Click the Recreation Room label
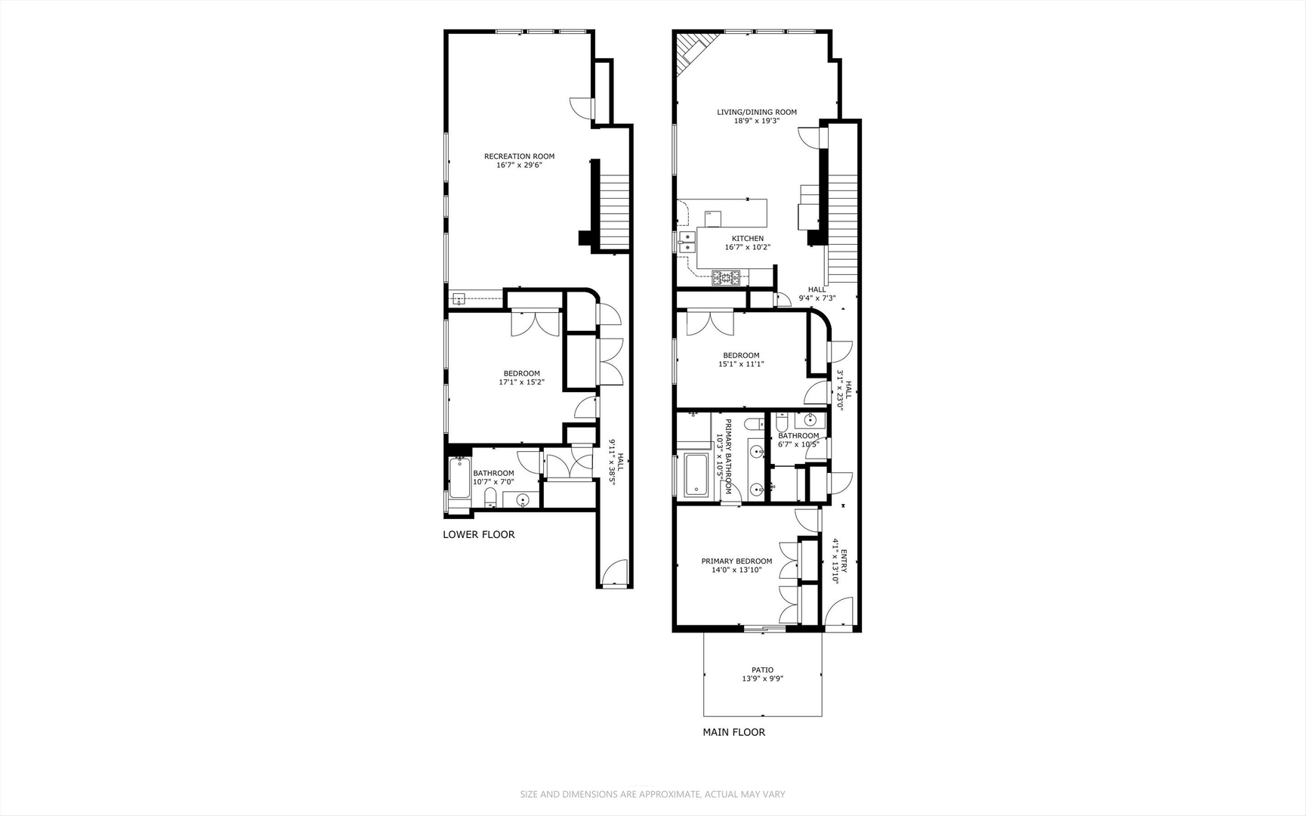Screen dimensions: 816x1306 point(519,156)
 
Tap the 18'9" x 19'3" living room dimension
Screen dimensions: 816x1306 point(756,121)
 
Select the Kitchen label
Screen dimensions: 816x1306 point(747,239)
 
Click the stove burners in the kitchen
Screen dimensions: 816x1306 point(727,277)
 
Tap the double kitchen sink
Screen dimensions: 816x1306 point(687,242)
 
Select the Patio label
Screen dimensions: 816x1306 point(762,669)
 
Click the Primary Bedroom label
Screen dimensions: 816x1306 point(736,561)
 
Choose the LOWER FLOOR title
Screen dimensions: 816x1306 point(478,534)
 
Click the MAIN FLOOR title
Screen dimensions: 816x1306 point(733,732)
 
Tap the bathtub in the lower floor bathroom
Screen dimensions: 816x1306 point(458,478)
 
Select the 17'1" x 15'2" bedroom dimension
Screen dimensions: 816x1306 point(521,382)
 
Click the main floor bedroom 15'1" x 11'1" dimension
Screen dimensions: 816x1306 point(740,364)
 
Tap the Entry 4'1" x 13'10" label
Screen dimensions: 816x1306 point(838,560)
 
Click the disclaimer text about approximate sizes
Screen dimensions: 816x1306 point(653,794)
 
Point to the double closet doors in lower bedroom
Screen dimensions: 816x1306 point(535,323)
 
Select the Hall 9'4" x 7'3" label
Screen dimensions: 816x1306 point(817,294)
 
